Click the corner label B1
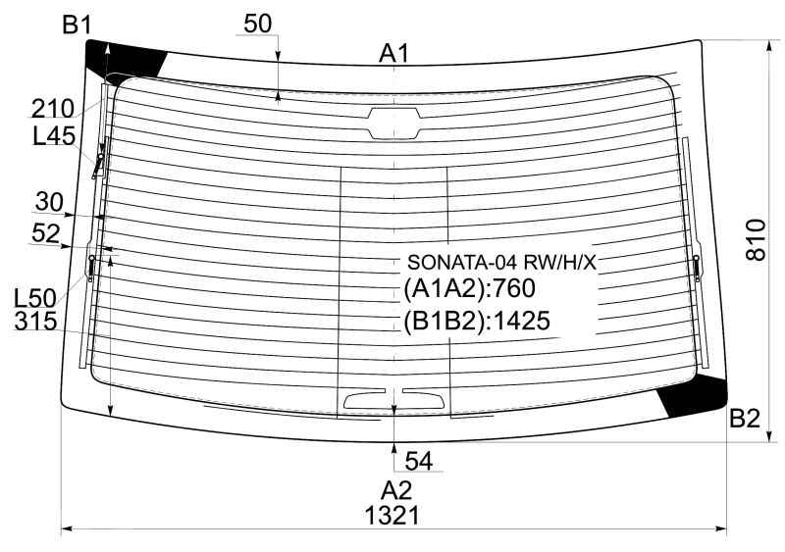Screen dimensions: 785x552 77,25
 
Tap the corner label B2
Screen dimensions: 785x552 745,418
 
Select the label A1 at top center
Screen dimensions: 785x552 394,54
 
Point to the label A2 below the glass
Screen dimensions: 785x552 396,490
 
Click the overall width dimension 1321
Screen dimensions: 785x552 392,515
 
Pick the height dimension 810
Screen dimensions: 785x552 756,239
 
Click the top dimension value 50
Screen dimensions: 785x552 258,24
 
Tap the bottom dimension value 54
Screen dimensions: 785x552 419,461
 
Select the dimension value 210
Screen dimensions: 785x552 53,108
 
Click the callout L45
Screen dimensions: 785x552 54,135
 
